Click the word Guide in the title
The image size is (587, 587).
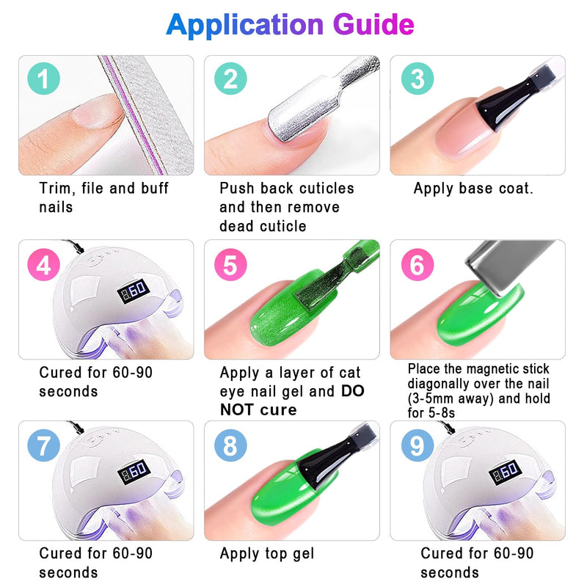click(x=373, y=25)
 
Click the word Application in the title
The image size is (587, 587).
click(x=244, y=26)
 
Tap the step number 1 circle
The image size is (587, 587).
click(x=44, y=79)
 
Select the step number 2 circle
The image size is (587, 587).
click(x=230, y=79)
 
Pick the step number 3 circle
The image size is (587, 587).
click(x=418, y=79)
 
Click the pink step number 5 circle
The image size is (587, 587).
click(x=230, y=265)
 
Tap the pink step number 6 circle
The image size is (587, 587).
click(x=418, y=265)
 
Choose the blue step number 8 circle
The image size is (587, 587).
click(x=230, y=445)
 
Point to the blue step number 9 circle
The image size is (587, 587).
click(x=418, y=445)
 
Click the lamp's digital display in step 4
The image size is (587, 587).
click(x=134, y=291)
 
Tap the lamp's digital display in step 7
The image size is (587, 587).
click(x=134, y=472)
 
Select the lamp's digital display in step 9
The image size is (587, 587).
click(x=505, y=472)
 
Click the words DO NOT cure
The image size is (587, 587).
click(x=292, y=401)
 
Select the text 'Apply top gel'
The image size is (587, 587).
click(x=267, y=554)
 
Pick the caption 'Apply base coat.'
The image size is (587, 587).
click(x=473, y=189)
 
